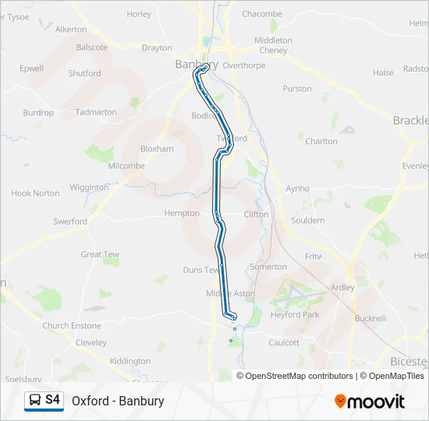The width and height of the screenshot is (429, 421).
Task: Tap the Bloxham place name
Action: pyautogui.click(x=156, y=148)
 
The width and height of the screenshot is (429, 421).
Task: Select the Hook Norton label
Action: pyautogui.click(x=35, y=193)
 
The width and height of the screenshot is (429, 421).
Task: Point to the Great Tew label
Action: pyautogui.click(x=100, y=254)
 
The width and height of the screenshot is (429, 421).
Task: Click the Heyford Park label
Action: pyautogui.click(x=296, y=315)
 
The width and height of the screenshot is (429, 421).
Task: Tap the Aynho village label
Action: pyautogui.click(x=297, y=189)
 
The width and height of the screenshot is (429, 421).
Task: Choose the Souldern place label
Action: pyautogui.click(x=307, y=221)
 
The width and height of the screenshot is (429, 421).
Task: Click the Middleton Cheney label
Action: pyautogui.click(x=273, y=45)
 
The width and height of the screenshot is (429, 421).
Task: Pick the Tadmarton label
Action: pyautogui.click(x=97, y=112)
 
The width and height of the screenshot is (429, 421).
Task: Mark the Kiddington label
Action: pyautogui.click(x=130, y=361)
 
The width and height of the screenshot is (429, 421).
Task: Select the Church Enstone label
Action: pyautogui.click(x=72, y=326)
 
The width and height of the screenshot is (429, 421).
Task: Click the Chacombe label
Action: pyautogui.click(x=262, y=14)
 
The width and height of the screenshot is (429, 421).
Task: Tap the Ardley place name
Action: pyautogui.click(x=342, y=287)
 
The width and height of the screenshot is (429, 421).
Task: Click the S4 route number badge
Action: pyautogui.click(x=52, y=400)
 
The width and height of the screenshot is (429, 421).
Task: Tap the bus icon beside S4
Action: pyautogui.click(x=35, y=401)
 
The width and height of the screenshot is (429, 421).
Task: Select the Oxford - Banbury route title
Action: pyautogui.click(x=118, y=401)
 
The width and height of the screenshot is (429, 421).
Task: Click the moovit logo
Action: pyautogui.click(x=370, y=401)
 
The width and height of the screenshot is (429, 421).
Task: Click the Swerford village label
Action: pyautogui.click(x=70, y=221)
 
